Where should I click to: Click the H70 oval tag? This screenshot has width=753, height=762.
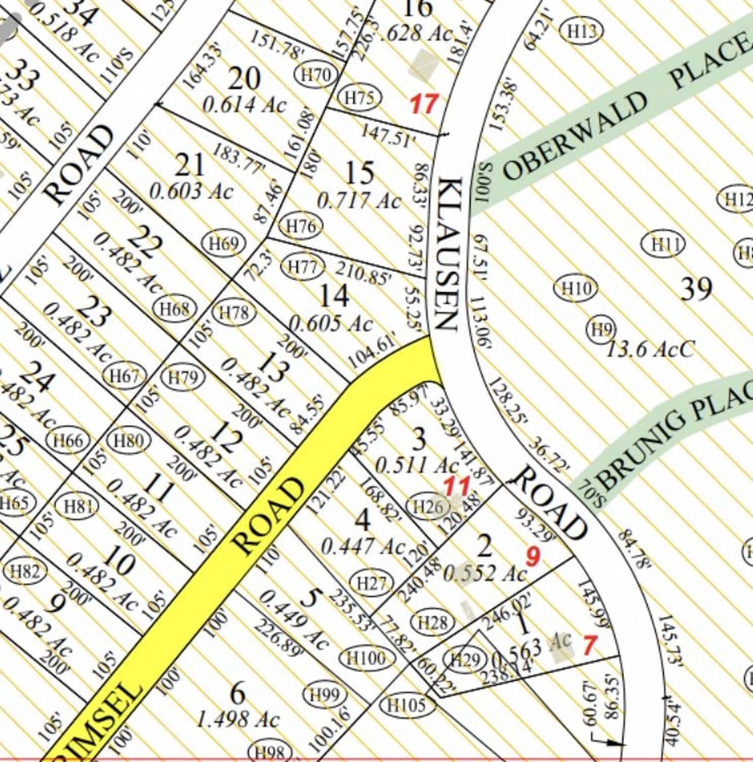(316, 75)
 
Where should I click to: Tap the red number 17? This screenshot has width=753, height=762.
(424, 104)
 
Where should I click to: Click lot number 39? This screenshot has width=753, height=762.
(696, 289)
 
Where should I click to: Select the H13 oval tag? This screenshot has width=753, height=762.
(582, 31)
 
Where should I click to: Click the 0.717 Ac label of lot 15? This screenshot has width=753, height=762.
(359, 201)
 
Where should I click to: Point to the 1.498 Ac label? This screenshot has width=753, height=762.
(238, 719)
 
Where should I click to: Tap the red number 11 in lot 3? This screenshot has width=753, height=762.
(456, 486)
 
